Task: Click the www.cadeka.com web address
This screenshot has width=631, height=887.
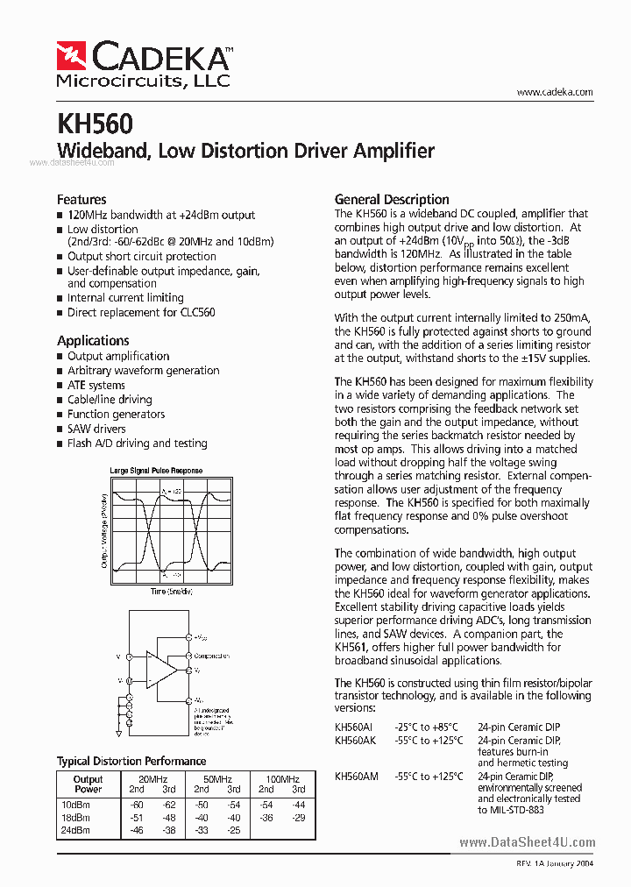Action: tap(555, 92)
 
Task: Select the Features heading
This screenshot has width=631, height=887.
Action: tap(82, 200)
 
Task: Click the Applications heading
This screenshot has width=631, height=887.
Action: tap(93, 341)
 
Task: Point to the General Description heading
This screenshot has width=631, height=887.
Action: tap(392, 200)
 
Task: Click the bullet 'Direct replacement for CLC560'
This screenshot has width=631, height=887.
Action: tap(141, 313)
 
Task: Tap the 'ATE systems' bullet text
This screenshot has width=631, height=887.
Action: tap(96, 386)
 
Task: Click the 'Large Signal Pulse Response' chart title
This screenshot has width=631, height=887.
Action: tap(156, 471)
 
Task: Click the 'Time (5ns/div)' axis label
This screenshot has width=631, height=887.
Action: tap(170, 592)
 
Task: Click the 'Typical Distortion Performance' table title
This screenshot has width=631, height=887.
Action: tap(131, 761)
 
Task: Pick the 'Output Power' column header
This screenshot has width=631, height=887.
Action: tap(88, 784)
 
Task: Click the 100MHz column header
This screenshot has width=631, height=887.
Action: tap(282, 779)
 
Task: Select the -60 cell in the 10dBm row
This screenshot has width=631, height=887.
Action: tap(137, 805)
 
